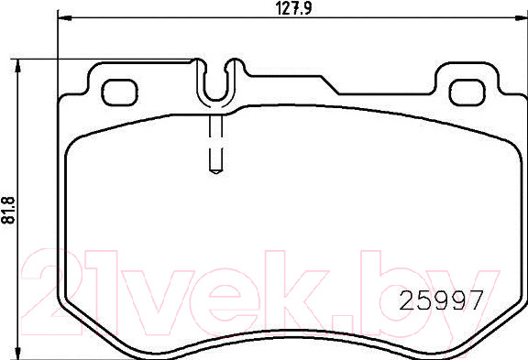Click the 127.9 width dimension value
point(292,8)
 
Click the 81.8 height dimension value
point(9,211)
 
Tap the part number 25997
point(441,300)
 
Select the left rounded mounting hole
point(120,93)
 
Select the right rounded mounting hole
point(467,93)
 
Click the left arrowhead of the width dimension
point(65,17)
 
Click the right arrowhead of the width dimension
point(521,17)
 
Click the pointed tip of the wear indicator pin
point(215,172)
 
